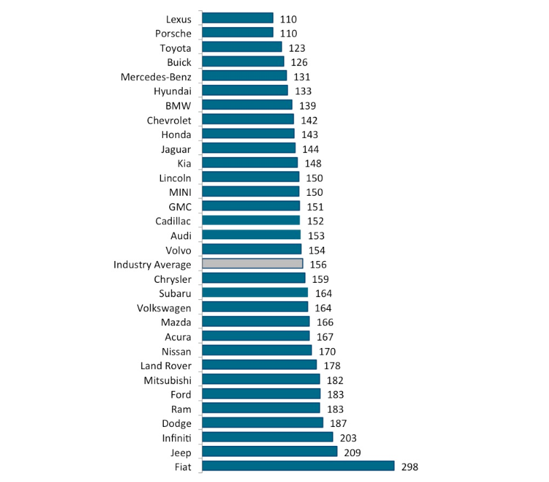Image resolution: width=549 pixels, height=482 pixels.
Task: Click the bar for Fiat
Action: click(x=298, y=466)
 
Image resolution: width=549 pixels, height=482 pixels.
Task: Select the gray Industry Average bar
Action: click(x=252, y=264)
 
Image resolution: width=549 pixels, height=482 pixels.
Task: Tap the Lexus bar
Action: click(x=238, y=18)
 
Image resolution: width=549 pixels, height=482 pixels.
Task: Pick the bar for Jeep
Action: click(x=270, y=451)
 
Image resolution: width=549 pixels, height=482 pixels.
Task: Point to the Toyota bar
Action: click(x=242, y=47)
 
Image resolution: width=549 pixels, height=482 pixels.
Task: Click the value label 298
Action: click(x=410, y=466)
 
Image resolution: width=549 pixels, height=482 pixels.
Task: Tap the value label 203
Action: click(x=348, y=438)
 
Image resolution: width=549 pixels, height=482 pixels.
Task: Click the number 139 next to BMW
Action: click(x=307, y=105)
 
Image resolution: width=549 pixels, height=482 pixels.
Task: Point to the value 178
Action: click(x=332, y=366)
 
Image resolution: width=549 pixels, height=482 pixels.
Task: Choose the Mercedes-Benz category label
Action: click(x=156, y=76)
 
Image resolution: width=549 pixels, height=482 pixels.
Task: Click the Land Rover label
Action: click(x=166, y=366)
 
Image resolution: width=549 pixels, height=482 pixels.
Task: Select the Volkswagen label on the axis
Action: click(x=164, y=308)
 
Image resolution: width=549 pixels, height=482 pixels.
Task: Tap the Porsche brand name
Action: click(x=173, y=33)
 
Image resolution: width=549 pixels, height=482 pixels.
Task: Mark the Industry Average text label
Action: click(x=152, y=264)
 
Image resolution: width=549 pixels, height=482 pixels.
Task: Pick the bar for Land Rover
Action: click(x=260, y=365)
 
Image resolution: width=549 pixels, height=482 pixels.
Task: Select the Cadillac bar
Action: click(x=251, y=220)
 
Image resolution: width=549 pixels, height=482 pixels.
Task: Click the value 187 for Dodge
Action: click(x=338, y=424)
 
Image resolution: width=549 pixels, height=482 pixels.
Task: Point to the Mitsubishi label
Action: click(x=168, y=380)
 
